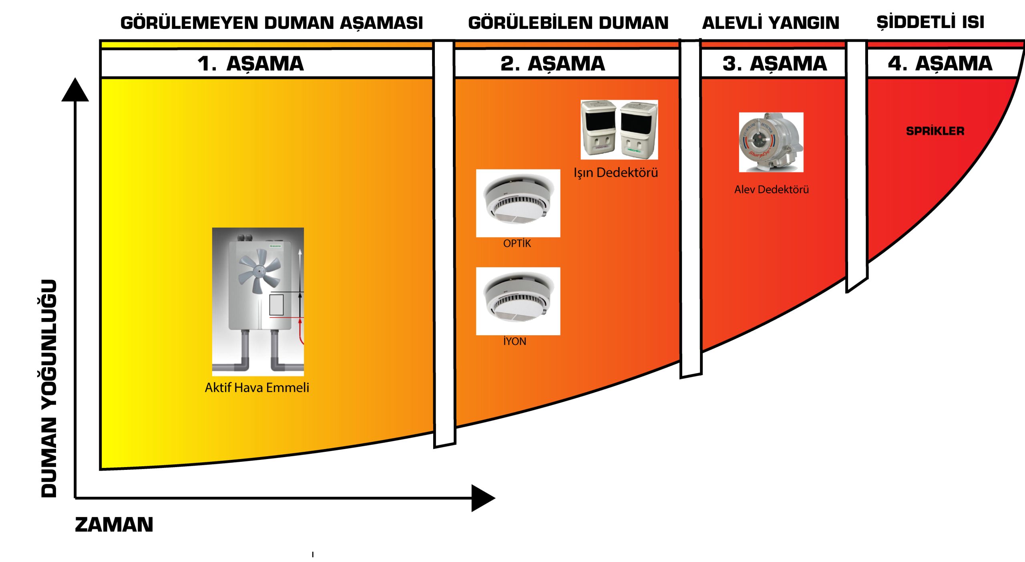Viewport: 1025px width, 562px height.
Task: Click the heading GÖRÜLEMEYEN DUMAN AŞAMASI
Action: pyautogui.click(x=271, y=23)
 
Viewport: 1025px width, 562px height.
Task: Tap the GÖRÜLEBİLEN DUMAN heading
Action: pyautogui.click(x=568, y=23)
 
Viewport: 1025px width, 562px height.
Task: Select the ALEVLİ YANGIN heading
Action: pyautogui.click(x=770, y=23)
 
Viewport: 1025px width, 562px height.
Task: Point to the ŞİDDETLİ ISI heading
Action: pyautogui.click(x=930, y=22)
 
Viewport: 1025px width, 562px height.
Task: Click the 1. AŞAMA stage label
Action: pyautogui.click(x=251, y=64)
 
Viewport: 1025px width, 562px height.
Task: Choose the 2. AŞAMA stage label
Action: pyautogui.click(x=553, y=64)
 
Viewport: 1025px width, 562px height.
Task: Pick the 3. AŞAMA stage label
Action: pyautogui.click(x=774, y=64)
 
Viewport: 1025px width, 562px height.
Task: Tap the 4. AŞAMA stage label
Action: pyautogui.click(x=940, y=64)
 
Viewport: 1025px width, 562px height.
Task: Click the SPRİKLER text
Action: pyautogui.click(x=935, y=131)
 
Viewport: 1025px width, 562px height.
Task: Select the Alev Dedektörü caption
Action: pyautogui.click(x=771, y=189)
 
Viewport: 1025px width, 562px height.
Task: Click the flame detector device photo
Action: pyautogui.click(x=771, y=142)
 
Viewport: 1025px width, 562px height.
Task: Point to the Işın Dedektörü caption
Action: pyautogui.click(x=615, y=173)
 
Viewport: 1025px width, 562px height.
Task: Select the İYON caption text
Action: pyautogui.click(x=515, y=341)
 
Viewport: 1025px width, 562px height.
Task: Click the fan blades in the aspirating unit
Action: pyautogui.click(x=259, y=270)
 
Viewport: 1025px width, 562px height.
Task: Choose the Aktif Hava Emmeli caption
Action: pyautogui.click(x=257, y=388)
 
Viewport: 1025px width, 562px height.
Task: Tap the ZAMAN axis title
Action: pyautogui.click(x=114, y=525)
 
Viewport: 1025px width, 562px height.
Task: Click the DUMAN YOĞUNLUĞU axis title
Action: pyautogui.click(x=49, y=389)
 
